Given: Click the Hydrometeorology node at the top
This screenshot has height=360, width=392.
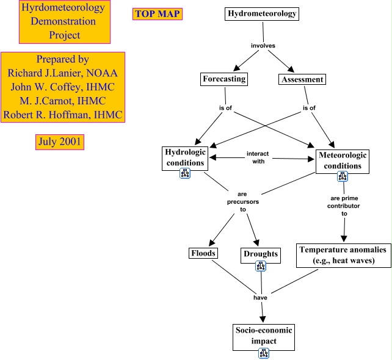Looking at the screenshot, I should [x=262, y=13].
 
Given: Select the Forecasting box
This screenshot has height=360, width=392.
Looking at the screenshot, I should [x=224, y=79].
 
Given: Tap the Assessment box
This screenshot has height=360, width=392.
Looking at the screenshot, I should [x=302, y=79].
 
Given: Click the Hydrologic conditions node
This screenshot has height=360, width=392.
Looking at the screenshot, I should [x=185, y=157].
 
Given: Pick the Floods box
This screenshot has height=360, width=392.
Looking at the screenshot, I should [x=203, y=253].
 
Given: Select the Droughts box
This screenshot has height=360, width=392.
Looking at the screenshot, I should [x=261, y=253].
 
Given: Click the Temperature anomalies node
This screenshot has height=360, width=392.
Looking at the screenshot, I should [x=343, y=255].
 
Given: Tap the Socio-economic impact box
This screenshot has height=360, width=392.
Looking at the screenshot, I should [x=264, y=335].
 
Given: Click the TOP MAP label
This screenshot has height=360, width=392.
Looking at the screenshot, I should [x=158, y=14].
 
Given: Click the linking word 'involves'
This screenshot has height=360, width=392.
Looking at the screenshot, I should [x=263, y=46].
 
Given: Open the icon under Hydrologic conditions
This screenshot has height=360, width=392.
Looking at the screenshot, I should [x=185, y=174].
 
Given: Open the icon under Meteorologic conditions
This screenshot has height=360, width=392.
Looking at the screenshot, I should [x=343, y=177].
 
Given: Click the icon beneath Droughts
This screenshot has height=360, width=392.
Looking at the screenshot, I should [x=261, y=266].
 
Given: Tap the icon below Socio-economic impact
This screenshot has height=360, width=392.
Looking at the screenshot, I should [x=264, y=353].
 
